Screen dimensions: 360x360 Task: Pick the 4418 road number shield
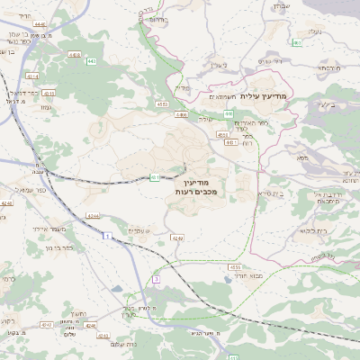[x=73, y=55]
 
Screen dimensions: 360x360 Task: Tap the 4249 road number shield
[x=177, y=238]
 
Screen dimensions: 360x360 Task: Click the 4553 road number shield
[x=159, y=104]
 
